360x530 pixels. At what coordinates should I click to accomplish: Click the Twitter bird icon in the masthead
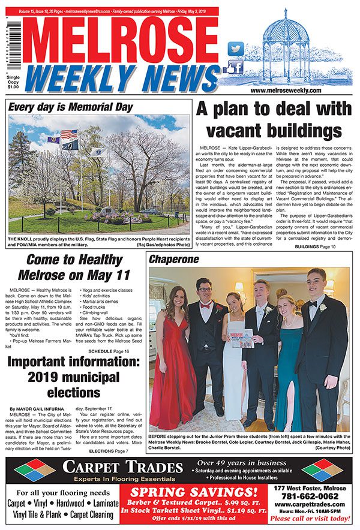coord(236,49)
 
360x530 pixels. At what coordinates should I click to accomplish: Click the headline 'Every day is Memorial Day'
coord(71,108)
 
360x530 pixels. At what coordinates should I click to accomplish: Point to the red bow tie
coord(205,305)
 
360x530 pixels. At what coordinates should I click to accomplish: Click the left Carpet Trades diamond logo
coord(35,471)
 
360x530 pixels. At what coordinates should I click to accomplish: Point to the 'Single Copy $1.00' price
coord(12,83)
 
